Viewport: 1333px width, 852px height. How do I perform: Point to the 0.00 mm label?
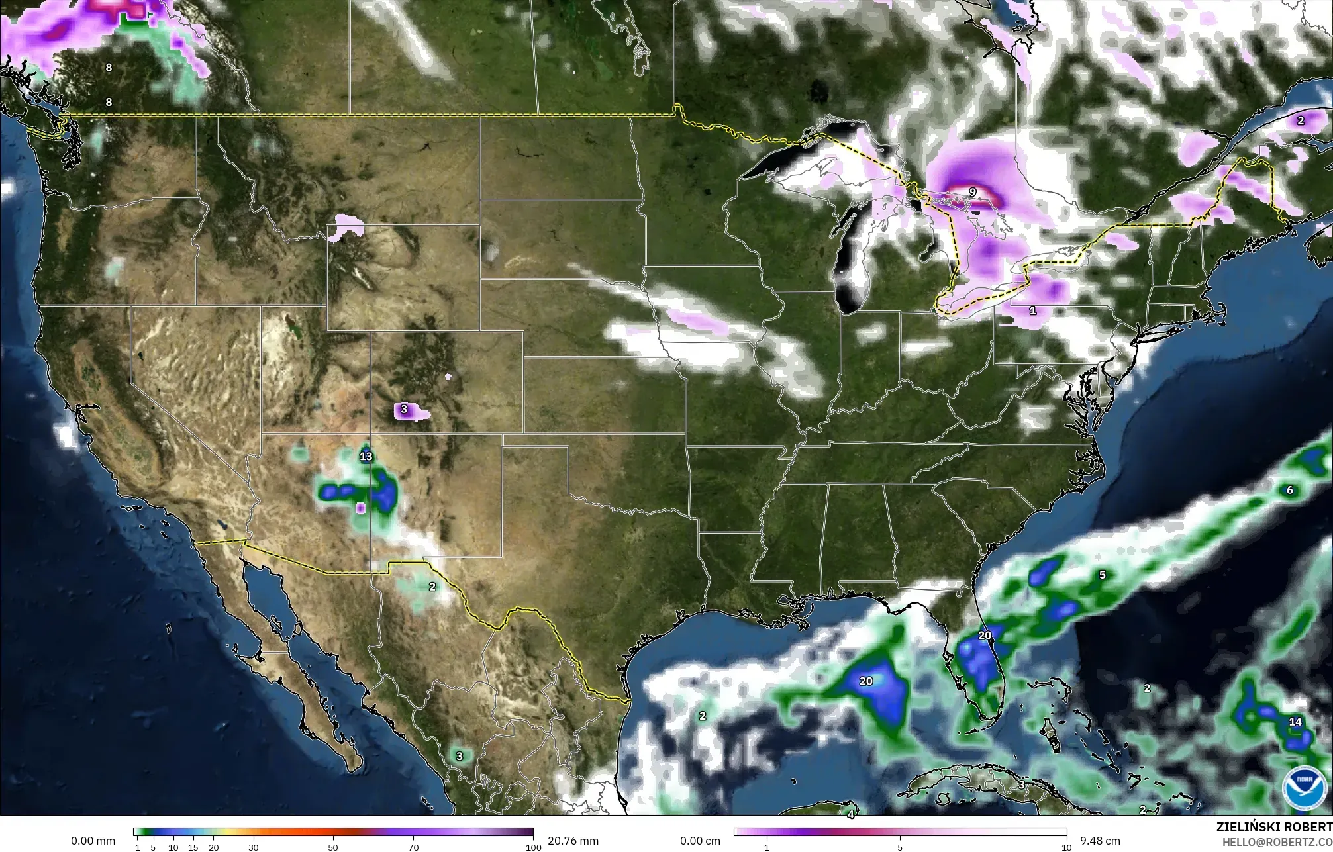click(93, 841)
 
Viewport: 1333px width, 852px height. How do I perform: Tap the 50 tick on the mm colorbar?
click(333, 847)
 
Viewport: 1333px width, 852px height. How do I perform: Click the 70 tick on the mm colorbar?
click(413, 847)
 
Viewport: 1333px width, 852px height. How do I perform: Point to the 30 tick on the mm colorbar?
click(253, 847)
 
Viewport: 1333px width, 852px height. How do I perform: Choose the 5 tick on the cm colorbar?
click(900, 847)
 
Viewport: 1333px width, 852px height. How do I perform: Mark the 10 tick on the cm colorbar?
click(1066, 847)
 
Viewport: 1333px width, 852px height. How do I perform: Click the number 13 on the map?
click(366, 456)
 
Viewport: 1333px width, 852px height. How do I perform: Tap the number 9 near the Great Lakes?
click(972, 192)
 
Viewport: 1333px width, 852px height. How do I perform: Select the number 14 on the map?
click(1295, 722)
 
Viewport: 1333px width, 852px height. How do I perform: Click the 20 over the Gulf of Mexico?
click(866, 681)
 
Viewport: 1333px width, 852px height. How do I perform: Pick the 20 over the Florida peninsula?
click(985, 635)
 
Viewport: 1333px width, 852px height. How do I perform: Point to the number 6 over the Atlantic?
click(1289, 491)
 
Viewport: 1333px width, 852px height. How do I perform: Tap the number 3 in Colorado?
click(403, 410)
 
